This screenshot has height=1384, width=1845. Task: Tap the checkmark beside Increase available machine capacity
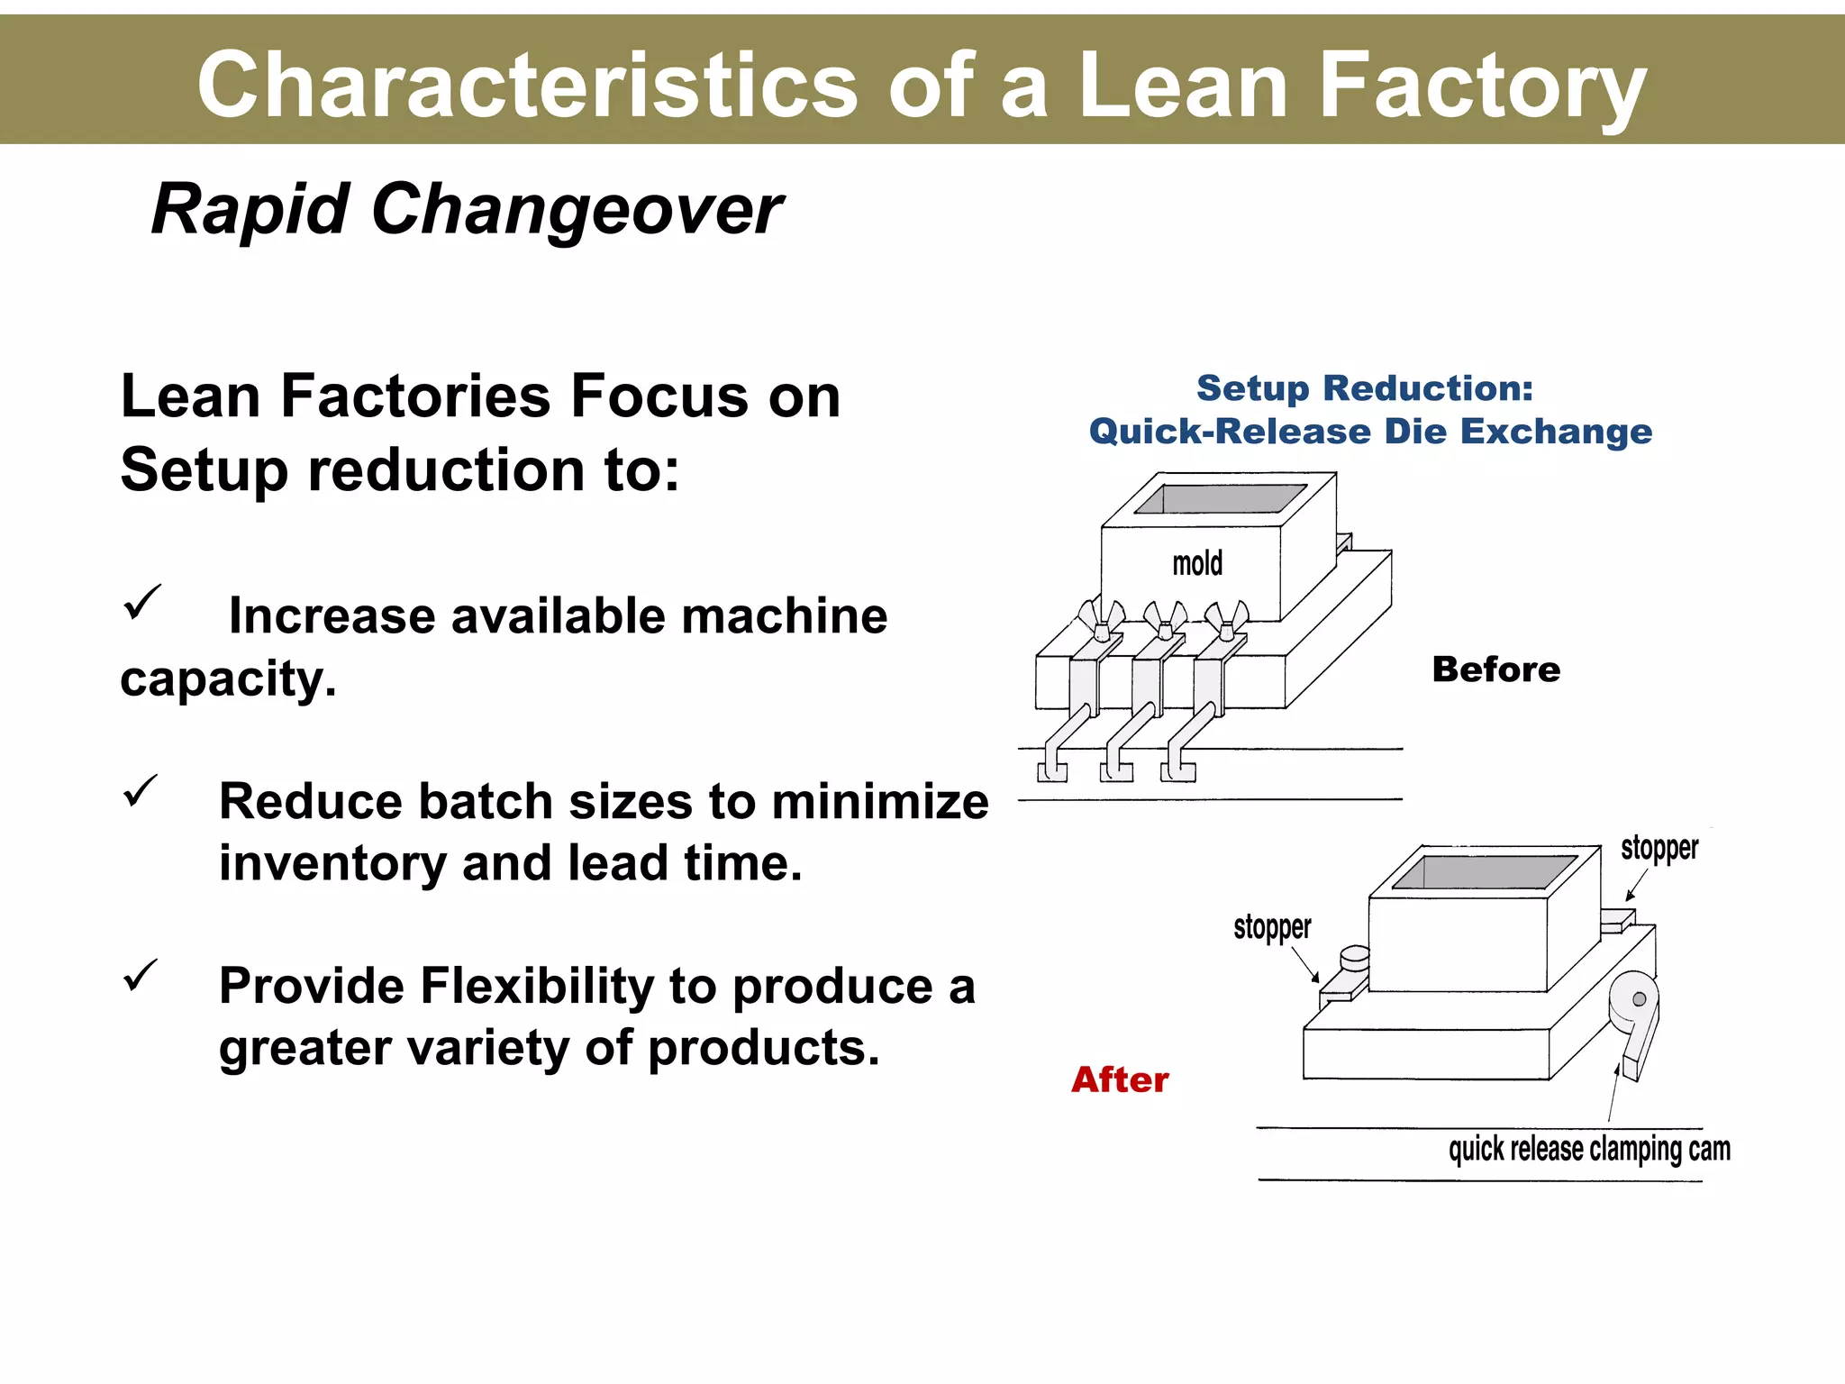point(141,602)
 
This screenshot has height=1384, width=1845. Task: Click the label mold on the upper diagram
point(1197,564)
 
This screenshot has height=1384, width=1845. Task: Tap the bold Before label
point(1495,669)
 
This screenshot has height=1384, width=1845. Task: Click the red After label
point(1120,1079)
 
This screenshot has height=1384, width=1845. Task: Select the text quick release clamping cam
point(1588,1150)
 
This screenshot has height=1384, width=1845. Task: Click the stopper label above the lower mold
point(1659,848)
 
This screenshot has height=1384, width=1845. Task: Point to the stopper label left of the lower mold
point(1272,927)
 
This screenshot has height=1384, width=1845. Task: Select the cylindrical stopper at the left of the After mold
point(1354,959)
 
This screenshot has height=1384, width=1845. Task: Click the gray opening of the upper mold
point(1221,499)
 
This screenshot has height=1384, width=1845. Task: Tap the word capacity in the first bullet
point(227,679)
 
